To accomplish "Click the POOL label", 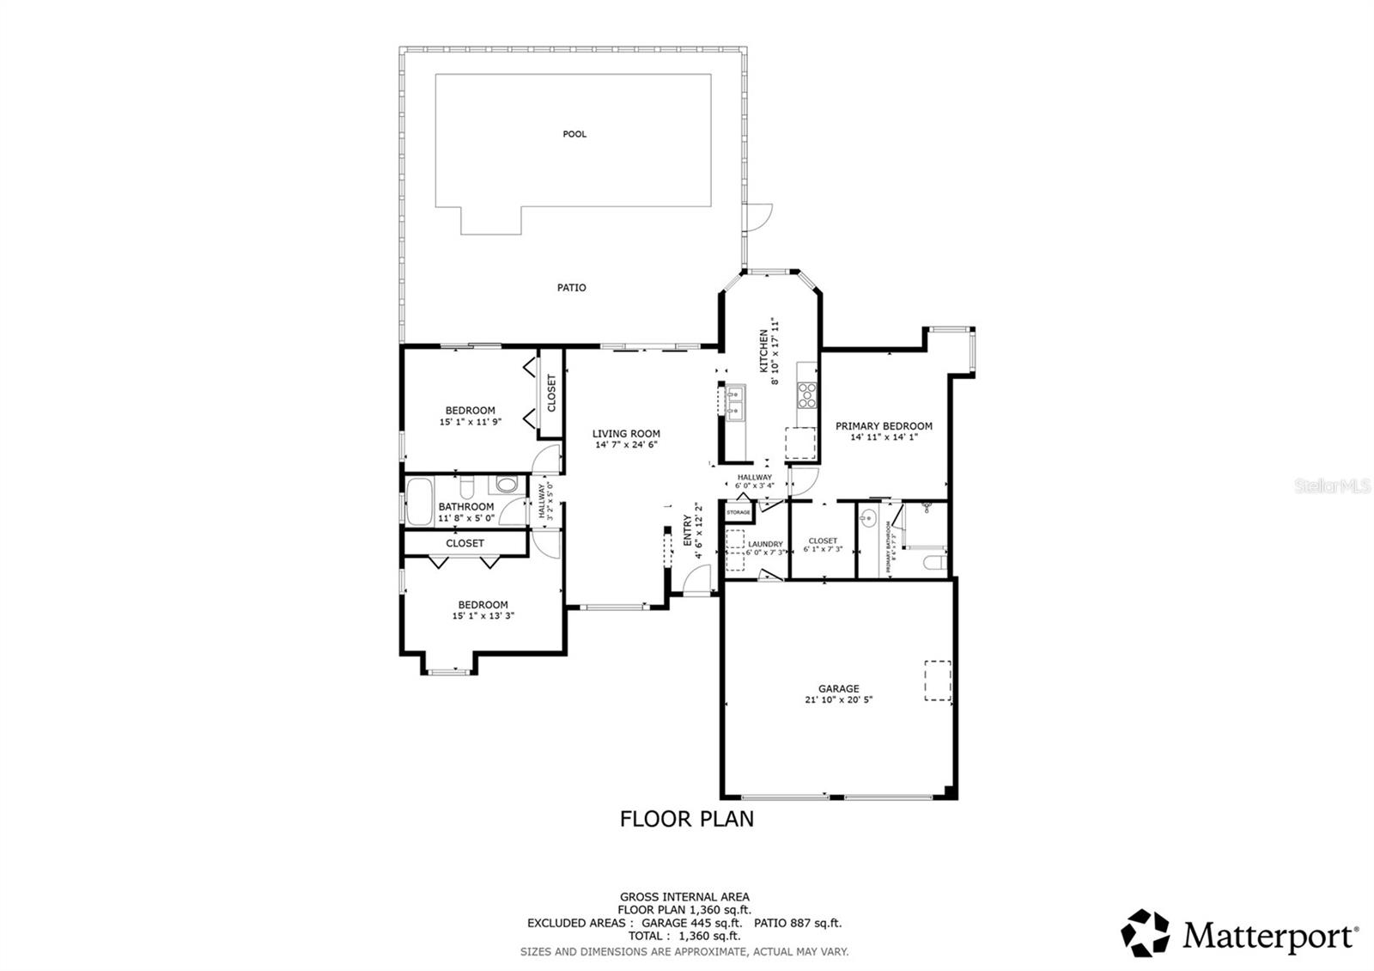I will click(x=575, y=134).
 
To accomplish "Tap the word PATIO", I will click(x=571, y=288).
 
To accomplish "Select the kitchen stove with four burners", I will click(x=807, y=395).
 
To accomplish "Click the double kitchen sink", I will click(x=736, y=401).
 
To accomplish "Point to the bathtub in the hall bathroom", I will click(x=420, y=503).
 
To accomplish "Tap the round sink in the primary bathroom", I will click(x=868, y=518).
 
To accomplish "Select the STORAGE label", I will click(x=739, y=513).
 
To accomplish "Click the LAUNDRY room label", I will click(x=765, y=544).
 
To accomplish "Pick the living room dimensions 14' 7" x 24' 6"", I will click(x=626, y=445).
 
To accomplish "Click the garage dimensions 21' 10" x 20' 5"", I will click(x=838, y=699).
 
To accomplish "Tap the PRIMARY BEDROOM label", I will click(x=884, y=426).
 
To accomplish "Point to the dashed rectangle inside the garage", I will click(x=938, y=681).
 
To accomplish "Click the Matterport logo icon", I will click(x=1146, y=932).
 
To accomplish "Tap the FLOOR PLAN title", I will click(x=687, y=819).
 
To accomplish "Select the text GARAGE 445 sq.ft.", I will click(x=691, y=923).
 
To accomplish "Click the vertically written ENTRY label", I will click(x=687, y=530).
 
